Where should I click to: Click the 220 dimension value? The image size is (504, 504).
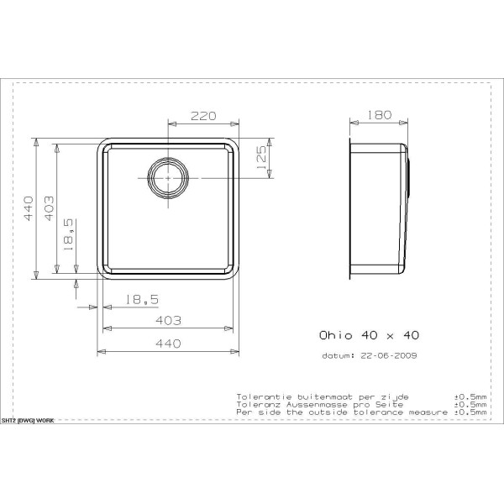pyautogui.click(x=203, y=116)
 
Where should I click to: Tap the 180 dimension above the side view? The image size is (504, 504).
pyautogui.click(x=379, y=115)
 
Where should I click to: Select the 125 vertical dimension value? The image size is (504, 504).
pyautogui.click(x=261, y=158)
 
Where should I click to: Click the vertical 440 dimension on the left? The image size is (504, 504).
pyautogui.click(x=29, y=208)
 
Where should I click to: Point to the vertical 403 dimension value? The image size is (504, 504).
pyautogui.click(x=49, y=208)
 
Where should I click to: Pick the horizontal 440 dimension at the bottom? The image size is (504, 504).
pyautogui.click(x=168, y=344)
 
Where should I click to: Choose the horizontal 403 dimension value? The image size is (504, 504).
pyautogui.click(x=168, y=321)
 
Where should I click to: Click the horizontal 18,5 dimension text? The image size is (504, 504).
pyautogui.click(x=142, y=300)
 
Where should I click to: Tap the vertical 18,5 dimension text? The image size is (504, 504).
pyautogui.click(x=69, y=235)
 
